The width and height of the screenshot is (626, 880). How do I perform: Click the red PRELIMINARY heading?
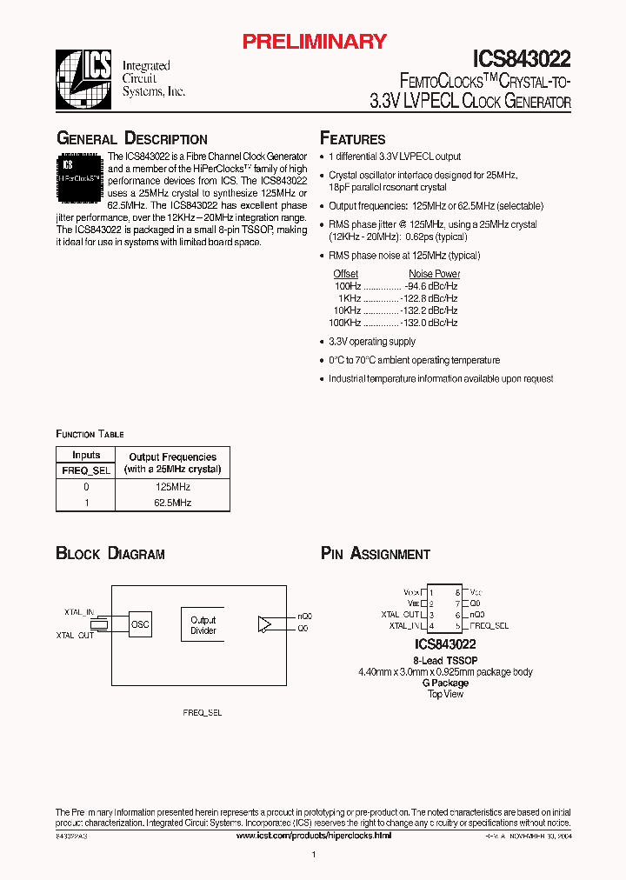click(x=313, y=41)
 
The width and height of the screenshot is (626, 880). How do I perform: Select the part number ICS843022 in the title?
click(x=522, y=59)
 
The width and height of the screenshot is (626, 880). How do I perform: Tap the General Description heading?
click(x=131, y=139)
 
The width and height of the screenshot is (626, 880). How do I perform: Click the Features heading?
click(x=352, y=139)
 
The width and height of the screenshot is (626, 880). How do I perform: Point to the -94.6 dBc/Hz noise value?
click(x=431, y=286)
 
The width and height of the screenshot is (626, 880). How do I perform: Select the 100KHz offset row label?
click(x=347, y=323)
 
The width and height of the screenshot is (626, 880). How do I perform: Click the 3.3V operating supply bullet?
click(x=372, y=342)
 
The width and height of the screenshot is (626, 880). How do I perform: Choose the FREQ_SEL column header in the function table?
click(x=86, y=470)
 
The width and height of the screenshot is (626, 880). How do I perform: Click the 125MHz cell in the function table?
click(x=173, y=487)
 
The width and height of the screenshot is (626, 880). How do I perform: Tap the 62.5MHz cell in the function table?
click(x=173, y=503)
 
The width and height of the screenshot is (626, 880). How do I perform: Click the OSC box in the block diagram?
click(x=140, y=623)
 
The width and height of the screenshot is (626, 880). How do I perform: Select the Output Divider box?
click(x=203, y=625)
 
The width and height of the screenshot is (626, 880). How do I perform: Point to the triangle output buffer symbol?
click(x=264, y=623)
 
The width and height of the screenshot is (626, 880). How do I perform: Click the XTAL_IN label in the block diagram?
click(x=78, y=612)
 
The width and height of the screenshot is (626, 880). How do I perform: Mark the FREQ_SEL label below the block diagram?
click(x=202, y=712)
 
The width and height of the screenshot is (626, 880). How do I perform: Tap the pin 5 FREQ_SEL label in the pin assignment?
click(x=489, y=625)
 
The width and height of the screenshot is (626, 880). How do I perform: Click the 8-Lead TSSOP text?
click(x=444, y=661)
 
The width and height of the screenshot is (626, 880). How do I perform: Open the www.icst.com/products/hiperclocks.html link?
click(x=314, y=835)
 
